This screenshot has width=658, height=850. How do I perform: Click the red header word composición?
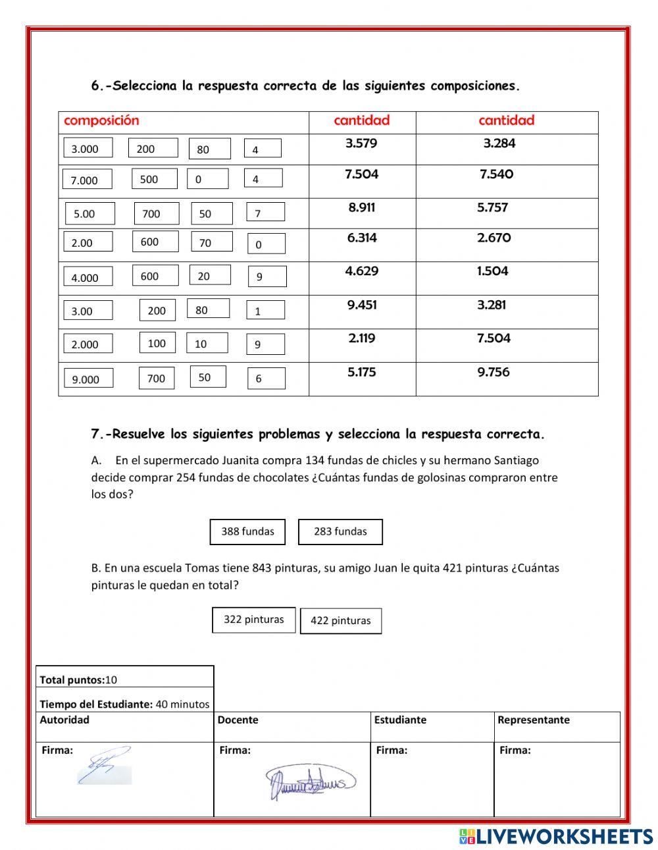point(101,120)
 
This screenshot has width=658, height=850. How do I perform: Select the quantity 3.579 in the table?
point(361,144)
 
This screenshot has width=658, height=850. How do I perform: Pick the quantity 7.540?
point(497,174)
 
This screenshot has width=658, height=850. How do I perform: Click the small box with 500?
point(154,179)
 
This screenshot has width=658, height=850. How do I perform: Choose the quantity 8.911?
point(362,207)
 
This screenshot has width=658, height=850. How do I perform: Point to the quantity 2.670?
point(493,238)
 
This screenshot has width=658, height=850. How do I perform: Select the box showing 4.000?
point(88,277)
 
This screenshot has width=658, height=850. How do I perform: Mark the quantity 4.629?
point(362,271)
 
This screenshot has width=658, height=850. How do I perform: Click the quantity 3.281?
point(492,305)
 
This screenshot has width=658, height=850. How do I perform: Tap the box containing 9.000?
point(88,379)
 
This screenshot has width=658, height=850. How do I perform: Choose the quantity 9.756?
point(493,372)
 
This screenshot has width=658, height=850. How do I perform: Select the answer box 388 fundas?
point(247,531)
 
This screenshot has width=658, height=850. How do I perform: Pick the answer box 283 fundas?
point(340,531)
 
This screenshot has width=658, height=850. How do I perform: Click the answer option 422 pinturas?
point(341,621)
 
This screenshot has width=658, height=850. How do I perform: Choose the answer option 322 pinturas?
point(253,620)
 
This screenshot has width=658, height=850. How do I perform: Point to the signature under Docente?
point(309,781)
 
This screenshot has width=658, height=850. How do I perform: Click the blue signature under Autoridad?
point(104,766)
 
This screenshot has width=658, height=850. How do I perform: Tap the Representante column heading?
point(533,720)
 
